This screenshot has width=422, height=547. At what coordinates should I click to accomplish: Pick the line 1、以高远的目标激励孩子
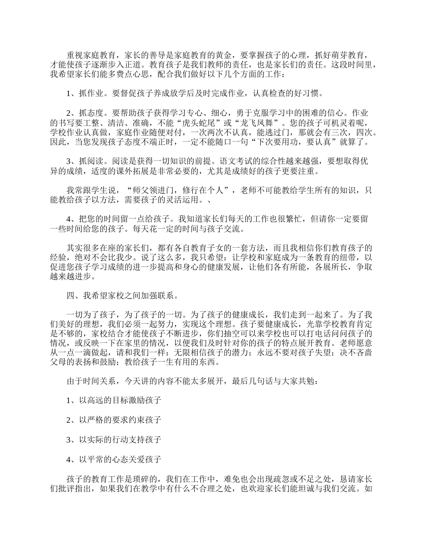click(x=114, y=401)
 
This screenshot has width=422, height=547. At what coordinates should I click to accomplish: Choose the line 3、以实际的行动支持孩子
click(x=114, y=439)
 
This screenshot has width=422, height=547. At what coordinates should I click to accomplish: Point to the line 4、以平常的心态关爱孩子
click(x=114, y=459)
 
